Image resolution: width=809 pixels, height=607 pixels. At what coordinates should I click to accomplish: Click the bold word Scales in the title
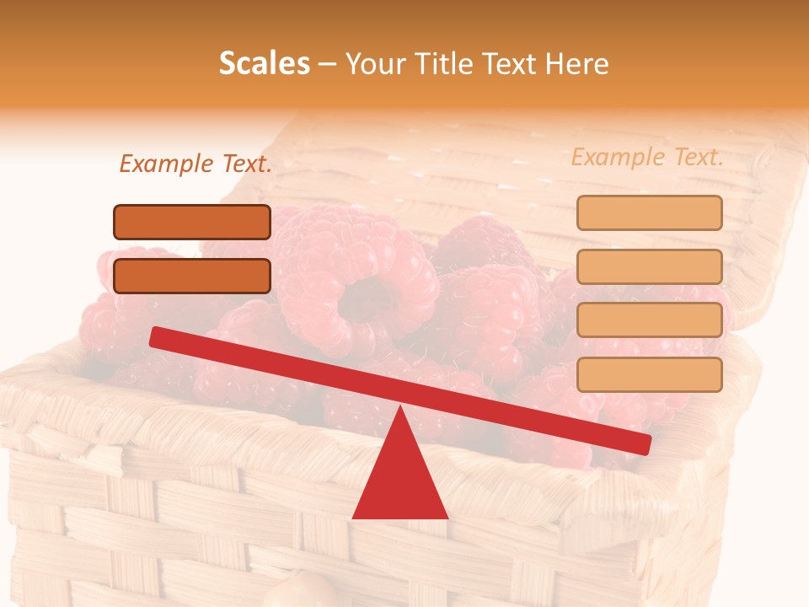(x=264, y=63)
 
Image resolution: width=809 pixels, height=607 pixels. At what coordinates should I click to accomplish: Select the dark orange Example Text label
(x=196, y=164)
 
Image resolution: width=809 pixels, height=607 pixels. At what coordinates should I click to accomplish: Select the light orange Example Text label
(x=647, y=157)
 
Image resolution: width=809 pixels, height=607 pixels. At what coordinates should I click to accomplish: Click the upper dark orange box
(x=192, y=222)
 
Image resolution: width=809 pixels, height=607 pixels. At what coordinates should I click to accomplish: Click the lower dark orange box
(x=192, y=276)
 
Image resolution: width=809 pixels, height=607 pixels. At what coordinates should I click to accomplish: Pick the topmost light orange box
(x=649, y=212)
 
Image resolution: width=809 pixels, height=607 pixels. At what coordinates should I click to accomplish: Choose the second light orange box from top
(x=649, y=266)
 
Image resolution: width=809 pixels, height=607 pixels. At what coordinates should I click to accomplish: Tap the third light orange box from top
(x=649, y=320)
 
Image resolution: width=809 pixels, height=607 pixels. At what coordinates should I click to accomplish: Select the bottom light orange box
(x=649, y=374)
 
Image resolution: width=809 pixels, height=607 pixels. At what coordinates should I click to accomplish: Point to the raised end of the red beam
(x=157, y=336)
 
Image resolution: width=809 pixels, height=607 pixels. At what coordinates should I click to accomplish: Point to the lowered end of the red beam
(x=644, y=443)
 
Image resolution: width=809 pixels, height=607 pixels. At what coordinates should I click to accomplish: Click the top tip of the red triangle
(x=399, y=408)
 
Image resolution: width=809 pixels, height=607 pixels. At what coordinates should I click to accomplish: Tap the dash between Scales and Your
(x=328, y=64)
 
